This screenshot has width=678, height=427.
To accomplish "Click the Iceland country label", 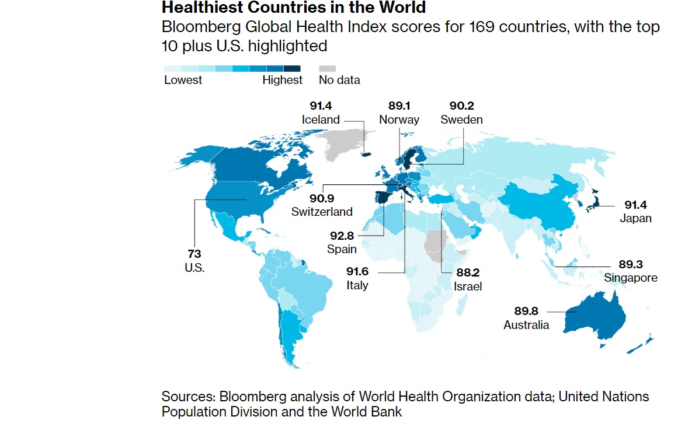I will pyautogui.click(x=321, y=120).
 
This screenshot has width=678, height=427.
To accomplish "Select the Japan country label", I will pyautogui.click(x=636, y=219).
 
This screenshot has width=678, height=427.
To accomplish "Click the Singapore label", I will pyautogui.click(x=631, y=277).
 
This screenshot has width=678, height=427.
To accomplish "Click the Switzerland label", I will pyautogui.click(x=322, y=211).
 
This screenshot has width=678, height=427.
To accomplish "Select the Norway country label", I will pyautogui.click(x=399, y=120).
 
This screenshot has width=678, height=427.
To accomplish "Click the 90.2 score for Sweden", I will pyautogui.click(x=461, y=106).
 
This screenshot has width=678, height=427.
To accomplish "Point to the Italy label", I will pyautogui.click(x=357, y=286).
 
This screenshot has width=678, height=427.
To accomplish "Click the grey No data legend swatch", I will pyautogui.click(x=328, y=68).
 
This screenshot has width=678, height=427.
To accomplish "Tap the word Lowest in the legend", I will pyautogui.click(x=183, y=80).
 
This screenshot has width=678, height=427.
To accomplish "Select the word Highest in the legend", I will pyautogui.click(x=283, y=80).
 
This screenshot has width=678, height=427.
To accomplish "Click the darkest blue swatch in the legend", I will pyautogui.click(x=292, y=68).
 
